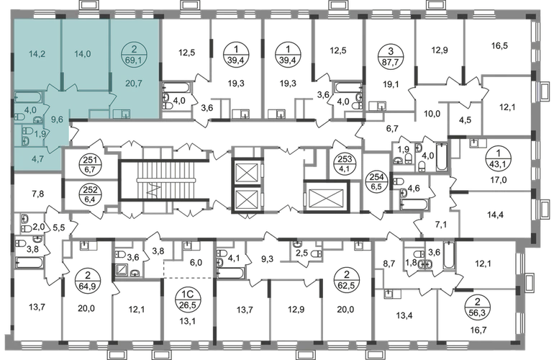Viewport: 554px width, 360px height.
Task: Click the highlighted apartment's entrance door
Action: (x=71, y=132)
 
